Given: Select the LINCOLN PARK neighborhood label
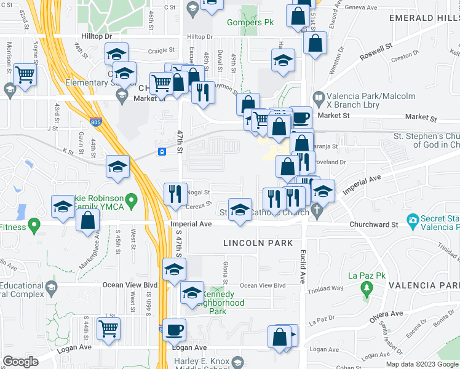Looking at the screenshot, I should tap(258, 243).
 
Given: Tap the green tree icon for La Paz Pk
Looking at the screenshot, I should tap(367, 287).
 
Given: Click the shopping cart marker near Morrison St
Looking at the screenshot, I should tap(25, 75).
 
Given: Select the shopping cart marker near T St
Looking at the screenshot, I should tap(109, 328).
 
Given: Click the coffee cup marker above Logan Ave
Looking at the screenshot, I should tap(174, 329).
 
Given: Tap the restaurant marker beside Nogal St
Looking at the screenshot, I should tap(175, 194).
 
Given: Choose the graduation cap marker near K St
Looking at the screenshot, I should tap(118, 166).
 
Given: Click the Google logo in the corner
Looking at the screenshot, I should tap(20, 362).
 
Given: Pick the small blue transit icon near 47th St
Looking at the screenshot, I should tap(162, 151).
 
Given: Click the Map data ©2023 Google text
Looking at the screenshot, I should tap(421, 364).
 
